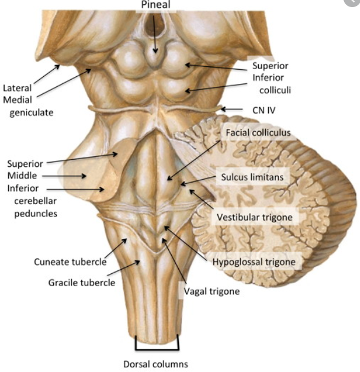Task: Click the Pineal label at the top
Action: click(x=156, y=5)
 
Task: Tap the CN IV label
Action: click(x=259, y=109)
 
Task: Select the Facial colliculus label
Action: click(x=259, y=132)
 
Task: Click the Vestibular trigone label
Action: click(x=255, y=217)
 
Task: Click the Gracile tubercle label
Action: click(x=82, y=282)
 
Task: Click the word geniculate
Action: click(x=31, y=112)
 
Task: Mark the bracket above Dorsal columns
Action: click(x=157, y=342)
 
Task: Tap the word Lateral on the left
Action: click(x=17, y=88)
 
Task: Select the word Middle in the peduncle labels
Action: click(x=22, y=176)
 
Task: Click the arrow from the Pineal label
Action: click(x=156, y=33)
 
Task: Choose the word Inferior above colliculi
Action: click(x=269, y=77)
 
